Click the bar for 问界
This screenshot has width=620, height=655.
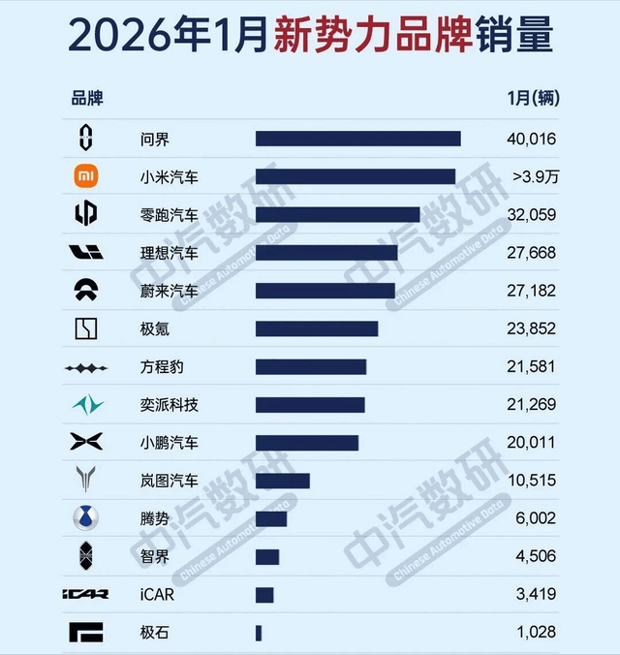point(357,139)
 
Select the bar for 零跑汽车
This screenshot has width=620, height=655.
point(337,214)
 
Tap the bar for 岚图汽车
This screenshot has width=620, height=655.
point(282,481)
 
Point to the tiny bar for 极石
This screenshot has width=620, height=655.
point(259,633)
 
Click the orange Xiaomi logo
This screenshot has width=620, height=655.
point(86,176)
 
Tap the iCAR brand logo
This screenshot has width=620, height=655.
point(86,595)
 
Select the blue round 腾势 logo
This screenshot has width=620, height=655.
point(86,518)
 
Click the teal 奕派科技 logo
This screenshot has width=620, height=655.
point(86,404)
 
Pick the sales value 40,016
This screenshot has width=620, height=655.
point(531,140)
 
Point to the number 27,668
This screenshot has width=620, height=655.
point(531,253)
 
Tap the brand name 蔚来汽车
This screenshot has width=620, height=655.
point(169,291)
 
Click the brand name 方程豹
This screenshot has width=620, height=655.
point(162,367)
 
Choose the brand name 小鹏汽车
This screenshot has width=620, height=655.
point(169,443)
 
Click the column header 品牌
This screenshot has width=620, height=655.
point(86,98)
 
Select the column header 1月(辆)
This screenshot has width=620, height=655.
point(533,98)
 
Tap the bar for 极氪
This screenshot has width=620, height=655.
point(317,328)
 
